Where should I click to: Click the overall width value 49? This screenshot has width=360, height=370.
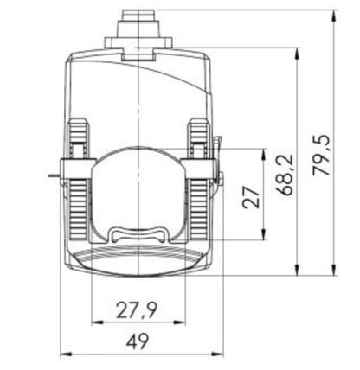(x=138, y=343)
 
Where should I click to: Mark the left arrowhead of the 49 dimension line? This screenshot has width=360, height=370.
(x=63, y=354)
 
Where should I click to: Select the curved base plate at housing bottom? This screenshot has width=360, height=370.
(x=138, y=259)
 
